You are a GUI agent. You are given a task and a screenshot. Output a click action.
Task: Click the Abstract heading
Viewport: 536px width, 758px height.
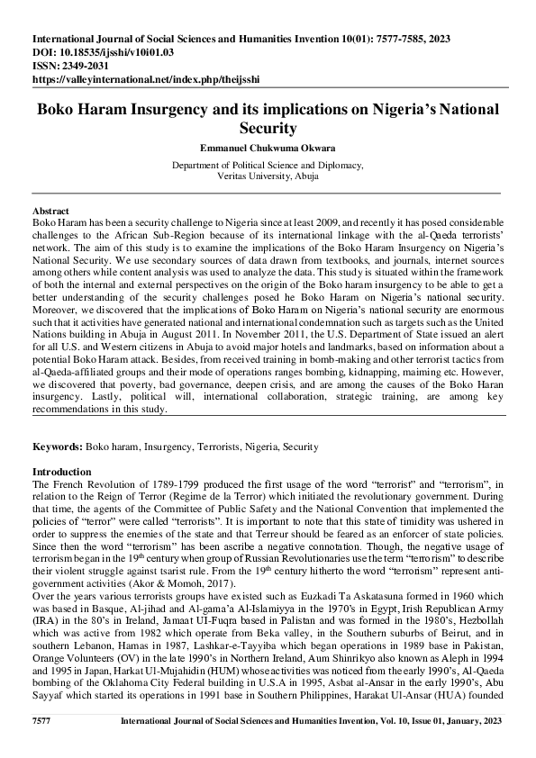(50, 209)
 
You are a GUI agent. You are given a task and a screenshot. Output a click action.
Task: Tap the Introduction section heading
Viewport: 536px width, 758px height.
(61, 472)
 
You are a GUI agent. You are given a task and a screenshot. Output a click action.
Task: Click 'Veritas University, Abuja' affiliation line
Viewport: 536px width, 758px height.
(268, 177)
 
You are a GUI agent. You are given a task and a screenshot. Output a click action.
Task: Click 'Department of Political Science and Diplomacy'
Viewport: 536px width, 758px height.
(268, 166)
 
